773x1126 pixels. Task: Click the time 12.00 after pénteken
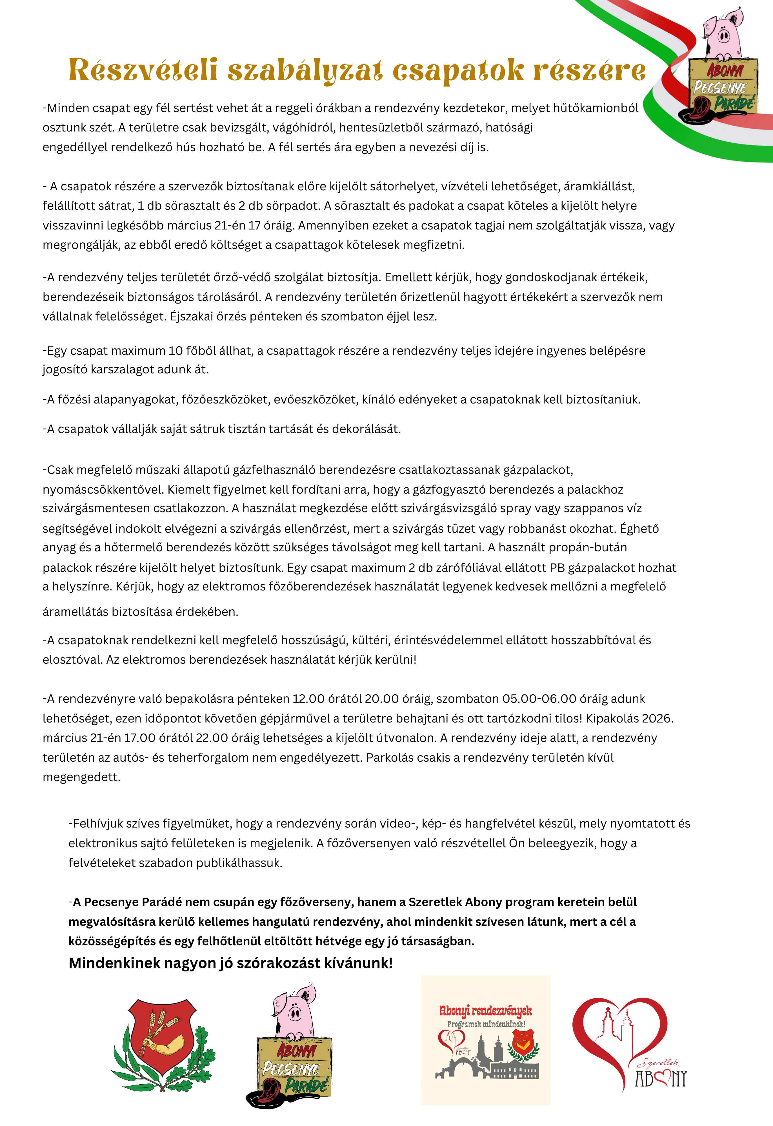tap(308, 699)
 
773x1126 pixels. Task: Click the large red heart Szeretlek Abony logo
tap(625, 1042)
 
